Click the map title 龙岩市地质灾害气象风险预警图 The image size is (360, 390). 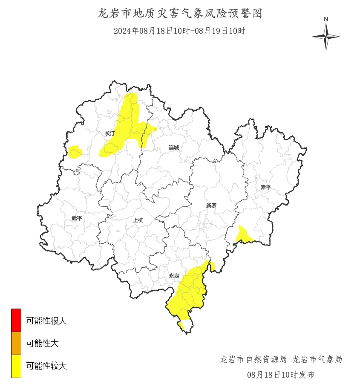click(x=180, y=14)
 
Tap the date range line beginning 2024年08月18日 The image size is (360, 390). click(x=180, y=31)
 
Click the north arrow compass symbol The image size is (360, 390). click(x=326, y=37)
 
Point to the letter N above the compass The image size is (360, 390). click(x=326, y=19)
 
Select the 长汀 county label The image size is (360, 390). click(x=110, y=133)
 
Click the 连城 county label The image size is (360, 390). click(x=174, y=147)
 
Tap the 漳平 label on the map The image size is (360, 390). click(x=265, y=187)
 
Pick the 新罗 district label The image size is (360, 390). click(x=211, y=205)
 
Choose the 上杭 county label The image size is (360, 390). click(x=138, y=220)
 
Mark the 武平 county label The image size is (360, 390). click(x=77, y=218)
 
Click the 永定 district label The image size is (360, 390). click(x=174, y=276)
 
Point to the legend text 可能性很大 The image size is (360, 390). click(x=46, y=321)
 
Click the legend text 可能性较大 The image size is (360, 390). click(x=46, y=366)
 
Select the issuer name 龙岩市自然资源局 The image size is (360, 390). click(x=253, y=359)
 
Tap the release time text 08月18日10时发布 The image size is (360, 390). click(x=281, y=375)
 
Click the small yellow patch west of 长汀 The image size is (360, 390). click(x=75, y=152)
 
